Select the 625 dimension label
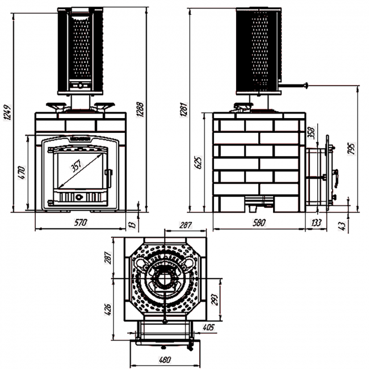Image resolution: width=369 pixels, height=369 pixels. point(198,163)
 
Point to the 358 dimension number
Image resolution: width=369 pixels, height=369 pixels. point(310,133)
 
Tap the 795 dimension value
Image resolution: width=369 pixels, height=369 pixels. point(352,149)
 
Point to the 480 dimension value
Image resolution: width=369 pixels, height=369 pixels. point(163,359)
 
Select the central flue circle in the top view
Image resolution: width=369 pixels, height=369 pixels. point(165,278)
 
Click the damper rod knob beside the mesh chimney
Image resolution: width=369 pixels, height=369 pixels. point(306,85)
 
